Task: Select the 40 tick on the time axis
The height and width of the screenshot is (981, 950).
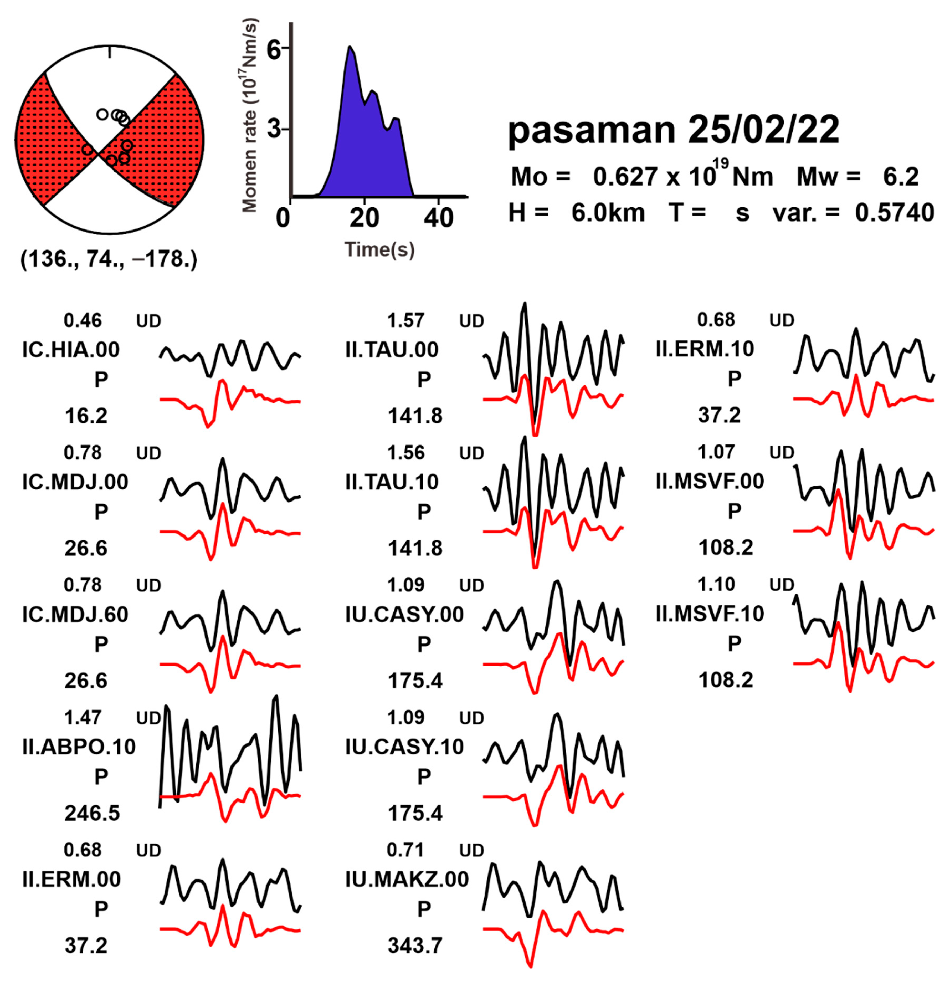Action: pyautogui.click(x=438, y=219)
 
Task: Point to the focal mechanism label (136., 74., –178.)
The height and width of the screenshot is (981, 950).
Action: pyautogui.click(x=109, y=259)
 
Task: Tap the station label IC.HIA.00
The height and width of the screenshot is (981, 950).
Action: pyautogui.click(x=71, y=349)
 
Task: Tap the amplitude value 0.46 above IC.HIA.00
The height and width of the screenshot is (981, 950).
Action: pyautogui.click(x=83, y=320)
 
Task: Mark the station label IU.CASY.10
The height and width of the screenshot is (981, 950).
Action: pyautogui.click(x=404, y=747)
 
